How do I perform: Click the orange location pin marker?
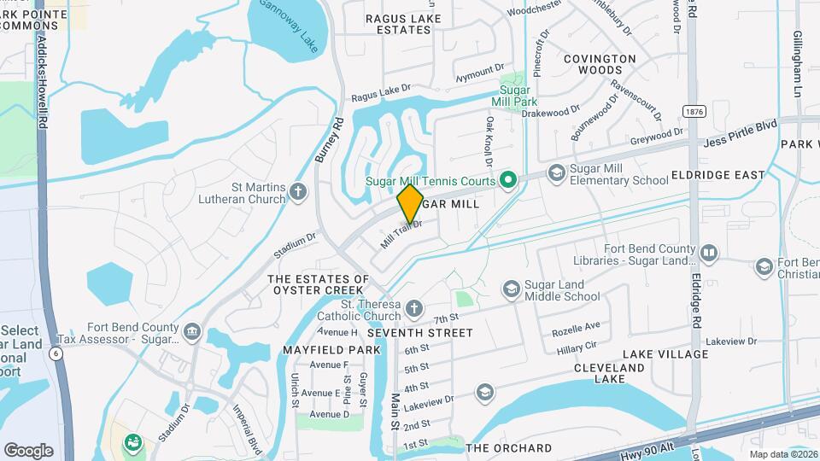tap(411, 203)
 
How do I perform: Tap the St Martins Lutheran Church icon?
tap(298, 190)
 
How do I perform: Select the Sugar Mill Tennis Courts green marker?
tap(510, 180)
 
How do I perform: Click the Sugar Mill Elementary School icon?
tap(556, 173)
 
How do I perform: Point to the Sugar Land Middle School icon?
tap(511, 289)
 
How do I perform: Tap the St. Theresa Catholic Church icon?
tap(413, 307)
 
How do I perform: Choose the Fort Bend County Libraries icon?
tap(709, 253)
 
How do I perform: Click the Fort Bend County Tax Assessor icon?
tap(191, 329)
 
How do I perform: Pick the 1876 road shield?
tap(693, 112)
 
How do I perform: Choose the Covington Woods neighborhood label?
tap(600, 66)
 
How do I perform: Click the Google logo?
tap(27, 450)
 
